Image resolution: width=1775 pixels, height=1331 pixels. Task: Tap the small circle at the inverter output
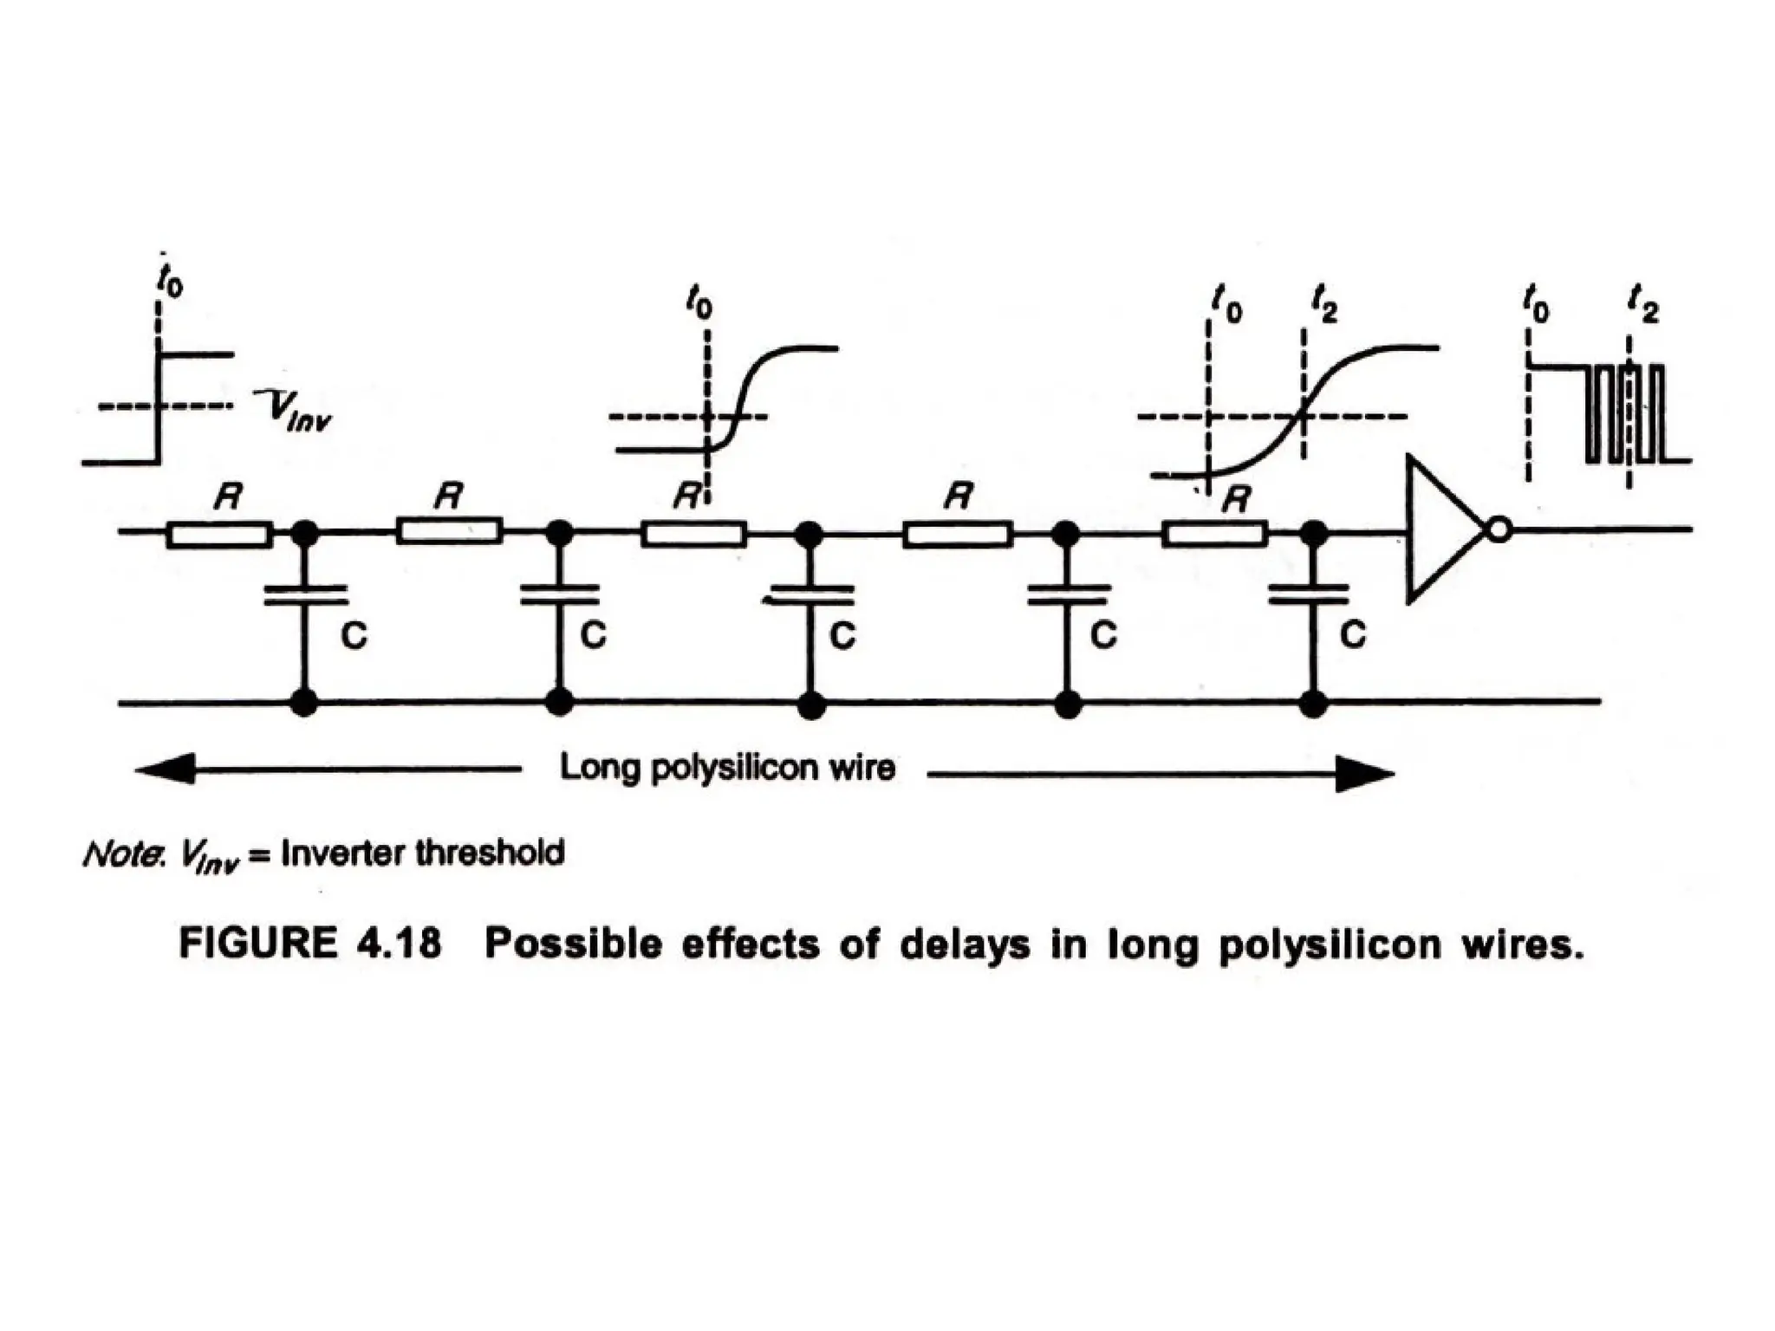(1499, 529)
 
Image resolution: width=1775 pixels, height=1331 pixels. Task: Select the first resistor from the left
(218, 534)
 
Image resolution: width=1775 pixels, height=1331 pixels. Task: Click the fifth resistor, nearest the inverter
(1214, 533)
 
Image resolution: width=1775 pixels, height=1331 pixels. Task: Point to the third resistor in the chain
(693, 533)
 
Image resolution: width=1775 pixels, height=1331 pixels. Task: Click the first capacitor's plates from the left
(304, 594)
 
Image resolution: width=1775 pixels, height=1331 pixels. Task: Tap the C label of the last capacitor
(1352, 635)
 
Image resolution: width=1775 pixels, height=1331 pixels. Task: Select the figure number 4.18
(398, 944)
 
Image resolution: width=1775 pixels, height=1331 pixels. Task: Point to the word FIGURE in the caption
(257, 944)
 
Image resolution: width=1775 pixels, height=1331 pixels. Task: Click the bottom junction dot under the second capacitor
(560, 701)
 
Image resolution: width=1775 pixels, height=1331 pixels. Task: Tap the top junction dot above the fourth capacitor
(1065, 533)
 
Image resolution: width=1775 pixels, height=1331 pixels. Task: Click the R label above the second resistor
(449, 497)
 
